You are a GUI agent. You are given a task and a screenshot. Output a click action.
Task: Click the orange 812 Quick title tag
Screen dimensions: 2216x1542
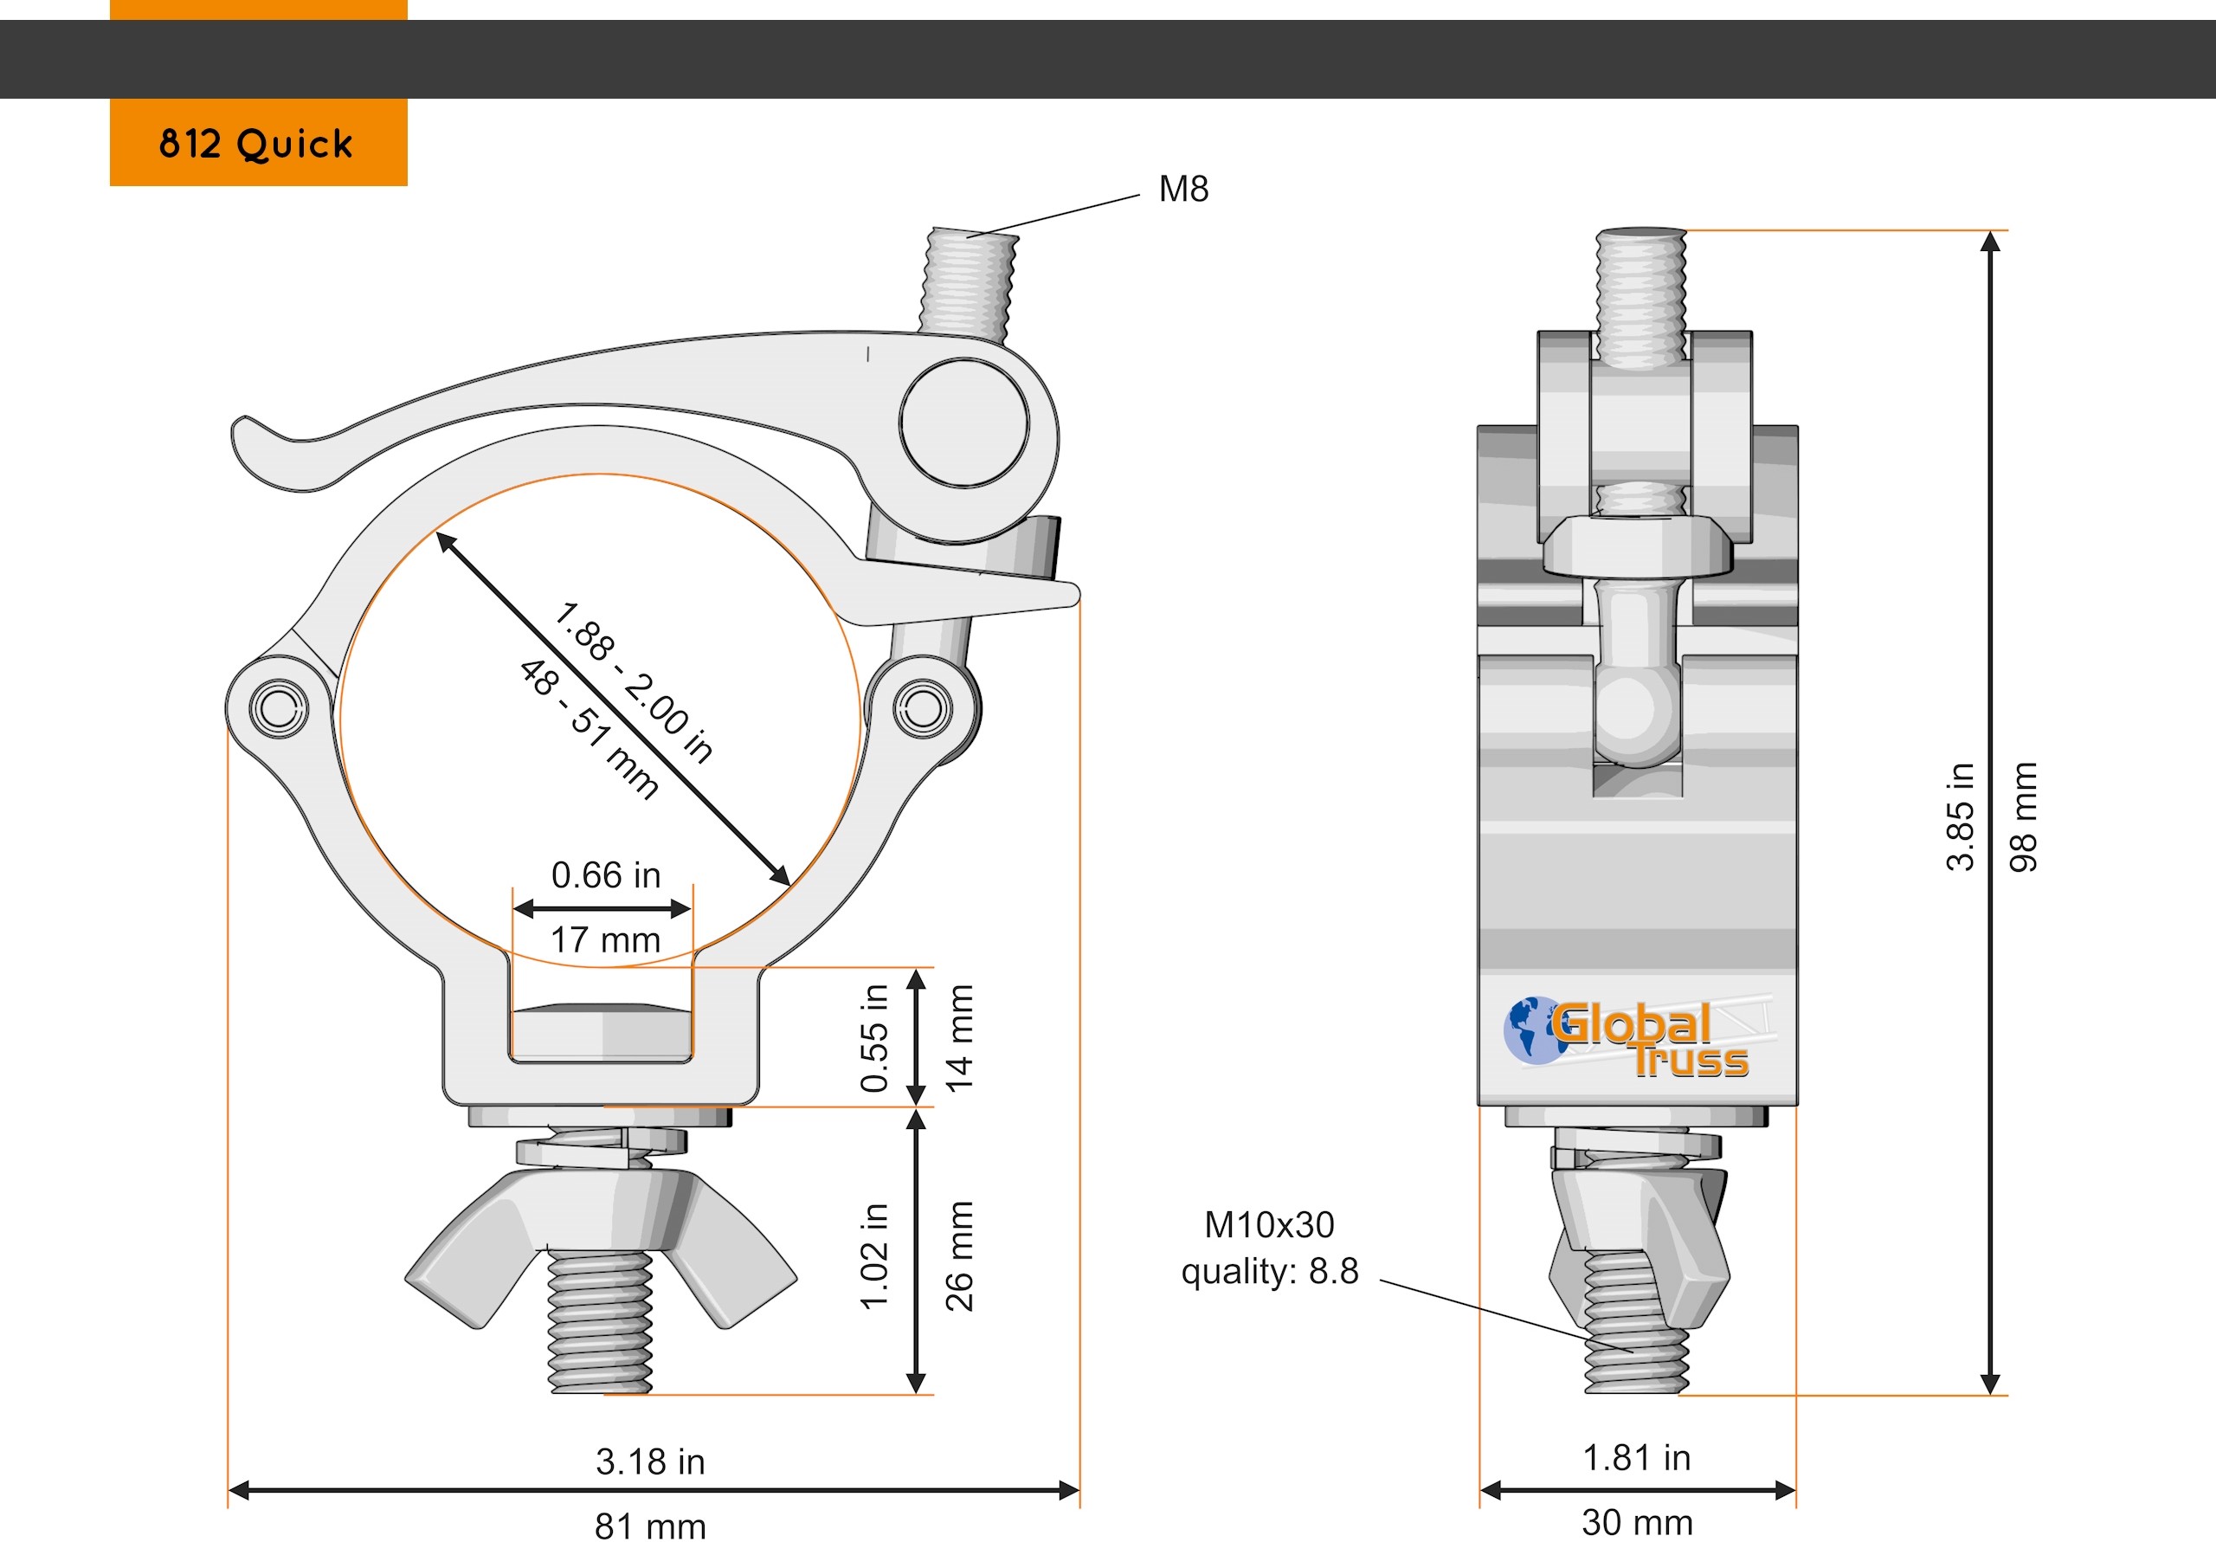click(x=259, y=142)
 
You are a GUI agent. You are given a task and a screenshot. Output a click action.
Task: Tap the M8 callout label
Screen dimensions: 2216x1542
click(x=1183, y=190)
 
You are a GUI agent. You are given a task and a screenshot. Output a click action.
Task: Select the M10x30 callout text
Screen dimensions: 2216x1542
click(x=1269, y=1224)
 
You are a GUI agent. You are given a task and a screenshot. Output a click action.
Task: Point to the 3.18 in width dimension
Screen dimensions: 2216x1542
click(x=650, y=1461)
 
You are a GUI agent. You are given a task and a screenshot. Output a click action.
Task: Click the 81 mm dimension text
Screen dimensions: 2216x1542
click(x=650, y=1526)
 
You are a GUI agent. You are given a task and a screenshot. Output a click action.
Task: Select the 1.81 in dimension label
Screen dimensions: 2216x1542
click(x=1637, y=1458)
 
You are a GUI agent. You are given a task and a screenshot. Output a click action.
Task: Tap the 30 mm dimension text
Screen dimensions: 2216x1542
click(x=1637, y=1523)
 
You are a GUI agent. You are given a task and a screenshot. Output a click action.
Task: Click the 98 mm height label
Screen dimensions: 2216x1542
click(x=2023, y=816)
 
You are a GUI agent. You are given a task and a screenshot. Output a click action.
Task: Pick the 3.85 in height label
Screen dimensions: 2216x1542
click(x=1961, y=816)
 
